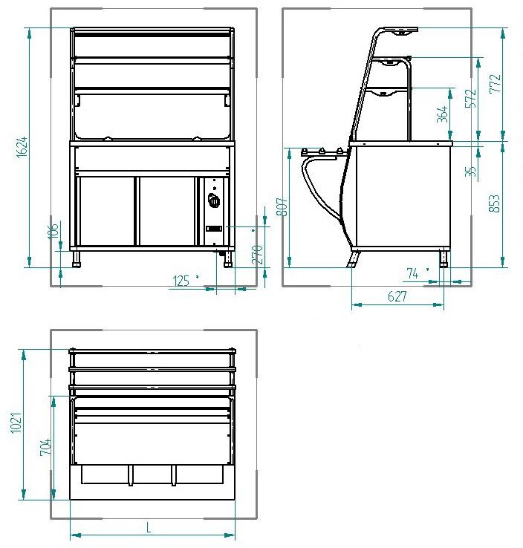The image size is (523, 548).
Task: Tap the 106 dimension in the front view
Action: (53, 232)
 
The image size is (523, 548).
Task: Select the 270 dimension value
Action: (257, 255)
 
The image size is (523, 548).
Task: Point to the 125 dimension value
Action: (181, 281)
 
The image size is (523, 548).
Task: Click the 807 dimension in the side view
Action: (282, 207)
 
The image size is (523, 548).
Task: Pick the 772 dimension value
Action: (495, 83)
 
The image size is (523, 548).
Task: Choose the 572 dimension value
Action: (471, 99)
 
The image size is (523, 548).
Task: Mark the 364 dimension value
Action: (443, 114)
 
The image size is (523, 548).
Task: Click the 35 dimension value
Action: (471, 172)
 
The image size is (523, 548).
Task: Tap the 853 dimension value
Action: (494, 203)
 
